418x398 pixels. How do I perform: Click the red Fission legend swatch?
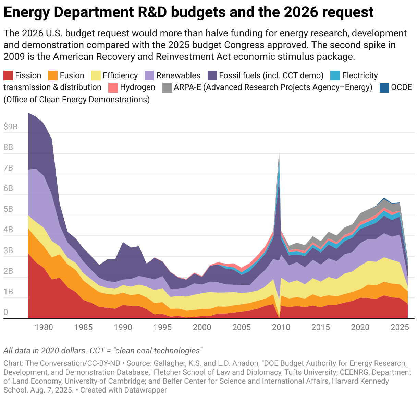9,75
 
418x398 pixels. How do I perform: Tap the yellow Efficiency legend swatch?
96,75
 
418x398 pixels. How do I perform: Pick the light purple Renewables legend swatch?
150,75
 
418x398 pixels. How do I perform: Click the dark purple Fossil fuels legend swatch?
212,75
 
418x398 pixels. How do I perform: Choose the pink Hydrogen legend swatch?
113,87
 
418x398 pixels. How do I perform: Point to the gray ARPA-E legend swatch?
167,87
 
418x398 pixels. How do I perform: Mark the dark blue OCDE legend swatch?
384,87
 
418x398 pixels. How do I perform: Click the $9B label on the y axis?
10,127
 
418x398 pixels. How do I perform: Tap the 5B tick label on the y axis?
8,209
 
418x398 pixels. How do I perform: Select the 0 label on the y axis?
6,312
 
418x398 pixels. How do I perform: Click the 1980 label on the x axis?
44,327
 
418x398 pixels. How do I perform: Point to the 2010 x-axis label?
281,327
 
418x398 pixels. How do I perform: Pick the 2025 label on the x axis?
399,327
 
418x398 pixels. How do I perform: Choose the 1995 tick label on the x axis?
162,327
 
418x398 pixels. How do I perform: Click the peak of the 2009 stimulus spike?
279,150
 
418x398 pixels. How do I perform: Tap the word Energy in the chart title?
26,13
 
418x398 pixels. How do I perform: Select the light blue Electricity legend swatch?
335,75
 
